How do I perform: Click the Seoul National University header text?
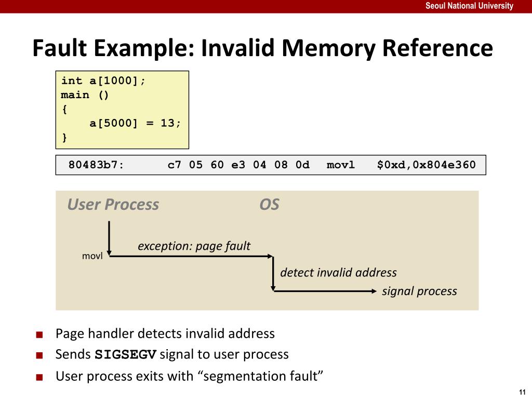[469, 6]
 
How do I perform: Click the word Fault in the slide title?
[60, 48]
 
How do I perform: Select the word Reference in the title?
[437, 48]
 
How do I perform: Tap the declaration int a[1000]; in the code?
[103, 81]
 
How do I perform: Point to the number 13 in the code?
[168, 123]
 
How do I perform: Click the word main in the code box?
[75, 95]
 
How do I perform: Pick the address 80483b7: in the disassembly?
[96, 165]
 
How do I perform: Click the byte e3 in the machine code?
[238, 165]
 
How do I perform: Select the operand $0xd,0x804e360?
[427, 165]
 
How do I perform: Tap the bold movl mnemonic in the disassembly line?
[341, 165]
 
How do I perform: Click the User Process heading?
[113, 205]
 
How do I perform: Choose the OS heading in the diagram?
[270, 205]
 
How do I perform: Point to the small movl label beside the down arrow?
[92, 256]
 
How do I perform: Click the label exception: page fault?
[194, 246]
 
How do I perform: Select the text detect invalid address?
[338, 272]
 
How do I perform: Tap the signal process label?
[419, 291]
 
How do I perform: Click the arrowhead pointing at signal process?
[374, 291]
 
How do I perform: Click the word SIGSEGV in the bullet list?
[126, 354]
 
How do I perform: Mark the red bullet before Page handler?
[39, 335]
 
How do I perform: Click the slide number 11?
[522, 392]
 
